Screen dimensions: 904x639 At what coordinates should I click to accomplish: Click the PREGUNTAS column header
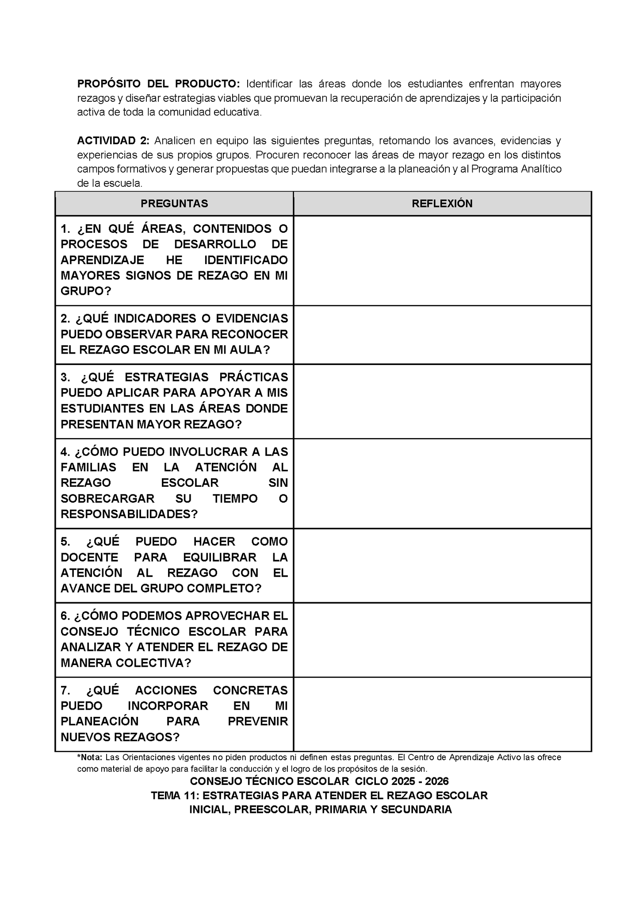pyautogui.click(x=174, y=204)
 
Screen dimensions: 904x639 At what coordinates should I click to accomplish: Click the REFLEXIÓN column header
pyautogui.click(x=442, y=204)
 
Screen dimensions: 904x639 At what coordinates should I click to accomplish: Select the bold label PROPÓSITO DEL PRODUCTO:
pyautogui.click(x=158, y=84)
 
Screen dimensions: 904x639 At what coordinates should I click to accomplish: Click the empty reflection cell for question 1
pyautogui.click(x=442, y=260)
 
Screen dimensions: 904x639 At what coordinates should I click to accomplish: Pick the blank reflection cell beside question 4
pyautogui.click(x=442, y=483)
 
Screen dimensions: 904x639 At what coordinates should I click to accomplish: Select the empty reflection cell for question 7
pyautogui.click(x=442, y=714)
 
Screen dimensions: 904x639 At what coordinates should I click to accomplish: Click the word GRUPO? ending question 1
pyautogui.click(x=86, y=291)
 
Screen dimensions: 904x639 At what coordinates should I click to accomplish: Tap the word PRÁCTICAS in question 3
pyautogui.click(x=253, y=377)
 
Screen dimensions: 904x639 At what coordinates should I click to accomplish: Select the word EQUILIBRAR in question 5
pyautogui.click(x=219, y=557)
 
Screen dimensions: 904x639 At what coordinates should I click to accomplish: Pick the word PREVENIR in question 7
pyautogui.click(x=258, y=721)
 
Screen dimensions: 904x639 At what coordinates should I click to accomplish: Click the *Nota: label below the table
pyautogui.click(x=90, y=757)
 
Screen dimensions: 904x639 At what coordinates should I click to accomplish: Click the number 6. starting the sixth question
pyautogui.click(x=65, y=616)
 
